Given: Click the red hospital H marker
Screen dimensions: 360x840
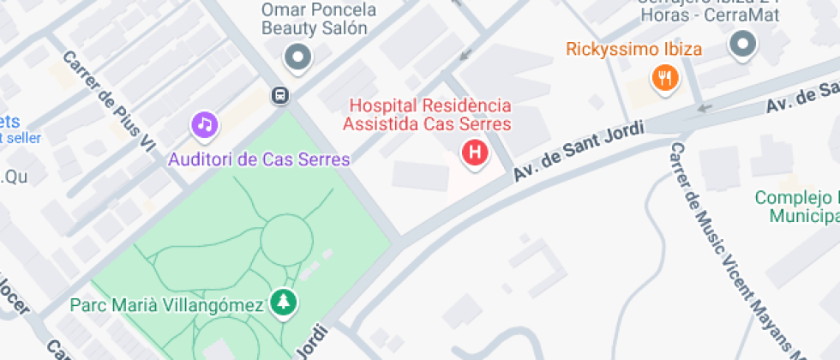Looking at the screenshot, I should click(474, 154).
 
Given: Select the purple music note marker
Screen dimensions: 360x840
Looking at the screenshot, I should click(204, 125).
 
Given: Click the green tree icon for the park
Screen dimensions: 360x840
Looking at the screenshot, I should click(282, 302).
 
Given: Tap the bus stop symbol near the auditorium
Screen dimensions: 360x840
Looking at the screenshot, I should click(279, 95).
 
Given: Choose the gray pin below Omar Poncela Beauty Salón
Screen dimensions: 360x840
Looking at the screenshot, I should click(298, 58).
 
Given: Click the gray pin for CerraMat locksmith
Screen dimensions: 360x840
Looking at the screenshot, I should click(742, 45).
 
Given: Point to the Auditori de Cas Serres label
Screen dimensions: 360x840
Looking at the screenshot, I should click(259, 159).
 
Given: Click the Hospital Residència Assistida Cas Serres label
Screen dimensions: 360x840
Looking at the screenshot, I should click(429, 115).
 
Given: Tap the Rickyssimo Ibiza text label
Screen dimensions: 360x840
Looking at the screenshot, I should click(633, 48).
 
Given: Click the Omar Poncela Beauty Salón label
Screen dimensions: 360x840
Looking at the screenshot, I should click(320, 19).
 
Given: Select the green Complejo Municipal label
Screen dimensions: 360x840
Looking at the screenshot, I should click(795, 207).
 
